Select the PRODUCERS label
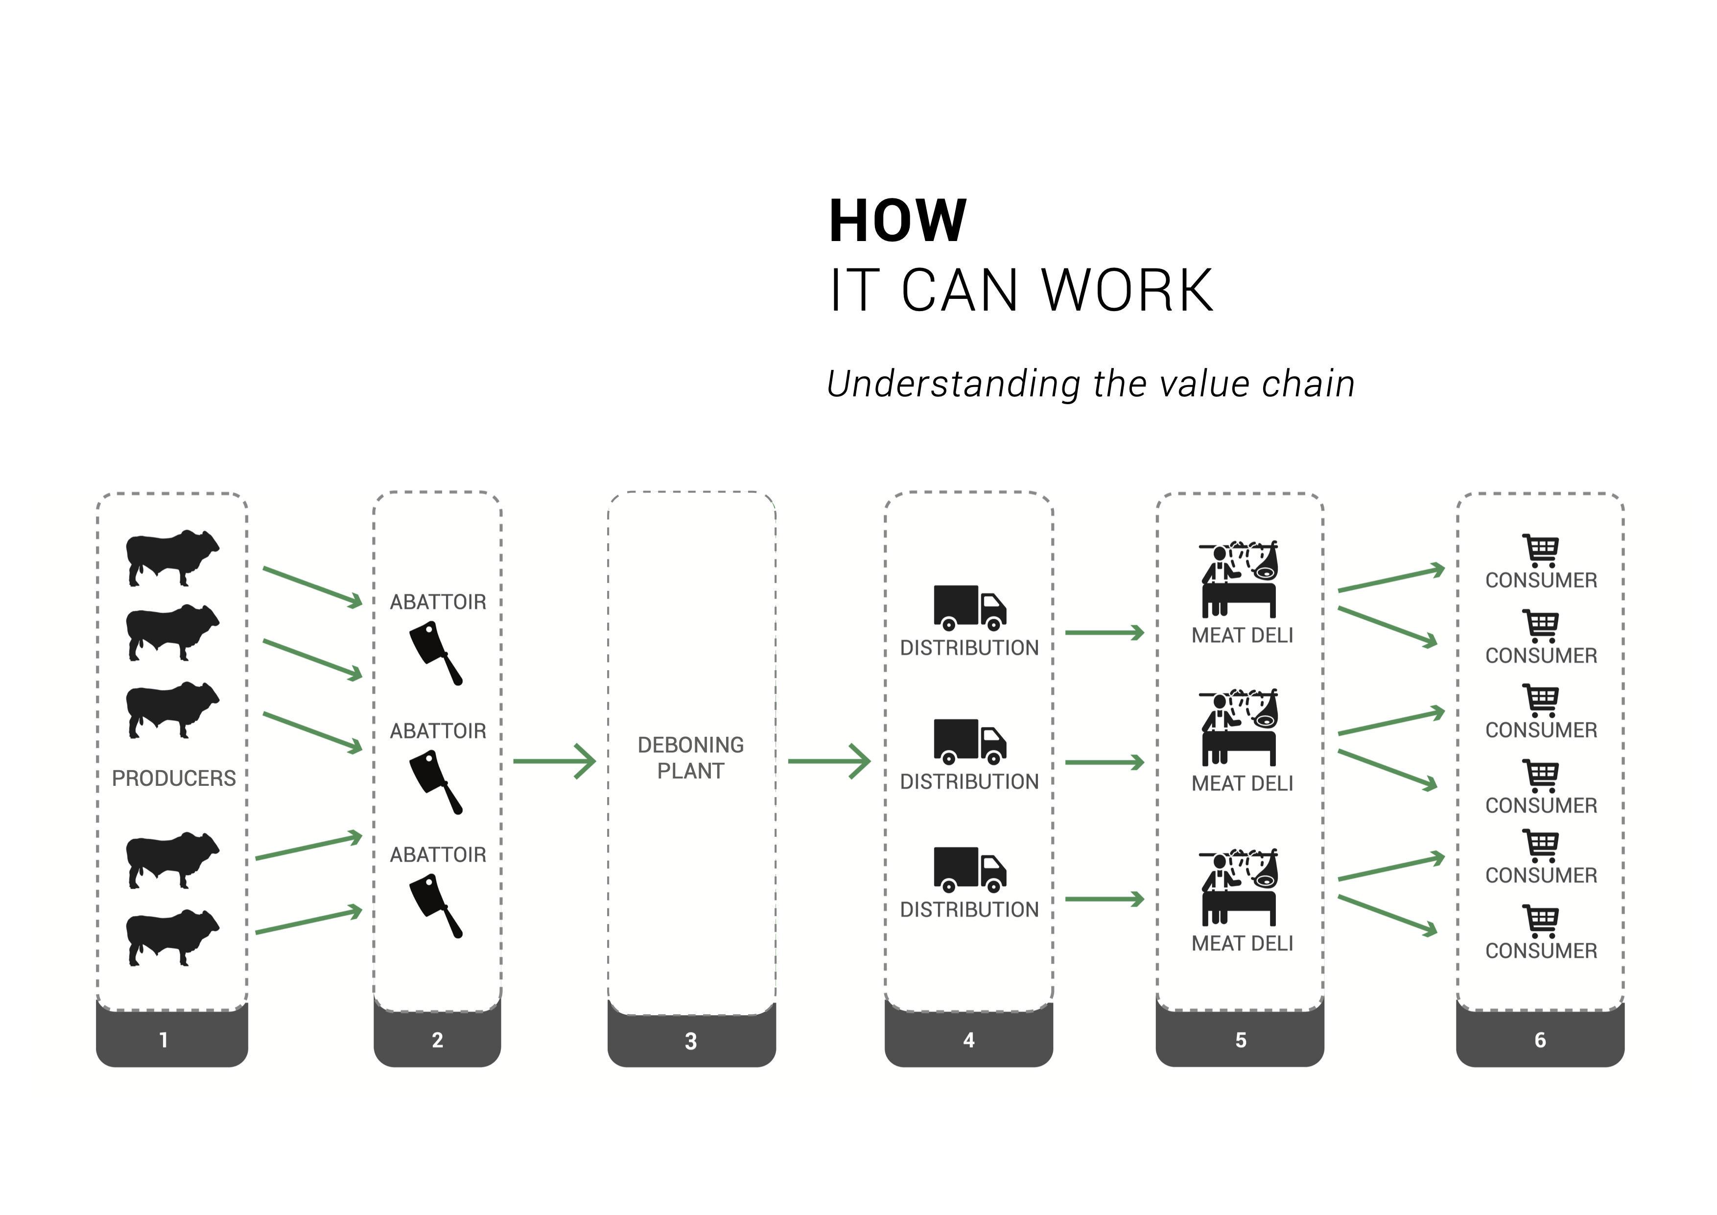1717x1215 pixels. (173, 779)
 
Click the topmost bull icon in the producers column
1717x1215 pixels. (172, 558)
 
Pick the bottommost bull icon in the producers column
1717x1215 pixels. (172, 937)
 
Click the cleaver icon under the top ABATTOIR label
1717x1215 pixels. (436, 653)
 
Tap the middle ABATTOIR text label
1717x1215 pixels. (438, 731)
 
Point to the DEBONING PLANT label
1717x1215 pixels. (690, 758)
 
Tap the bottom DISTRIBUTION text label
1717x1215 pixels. (969, 910)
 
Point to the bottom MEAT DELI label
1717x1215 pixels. (1242, 944)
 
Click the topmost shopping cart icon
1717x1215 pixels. (1541, 551)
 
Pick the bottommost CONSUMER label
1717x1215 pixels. (1541, 951)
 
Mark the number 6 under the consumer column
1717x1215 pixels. (1540, 1040)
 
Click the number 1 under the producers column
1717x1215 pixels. (164, 1040)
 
